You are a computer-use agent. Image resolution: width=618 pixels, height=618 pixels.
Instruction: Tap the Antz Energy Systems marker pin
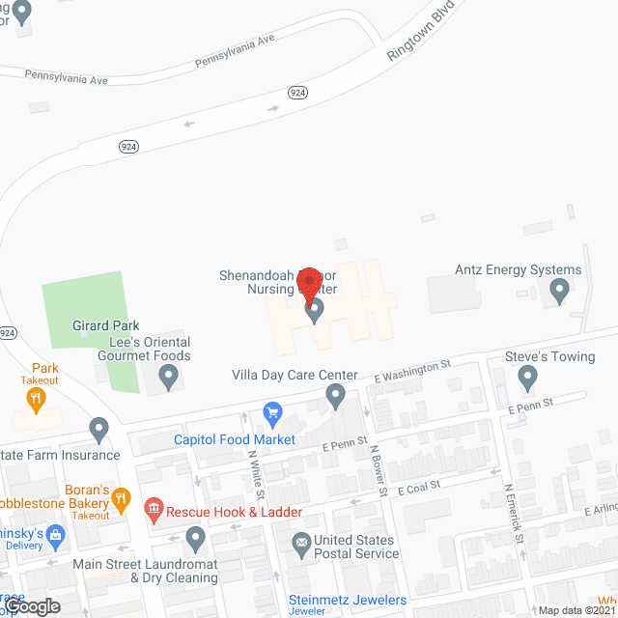coord(558,290)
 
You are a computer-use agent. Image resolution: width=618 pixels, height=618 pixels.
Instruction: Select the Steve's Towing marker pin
coord(527,378)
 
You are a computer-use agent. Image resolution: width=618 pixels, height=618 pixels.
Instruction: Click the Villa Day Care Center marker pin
coord(335,395)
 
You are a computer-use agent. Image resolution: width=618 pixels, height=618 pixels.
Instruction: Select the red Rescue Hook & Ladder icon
coord(153,508)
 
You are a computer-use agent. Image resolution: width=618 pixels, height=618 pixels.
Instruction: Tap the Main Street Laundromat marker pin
coord(196,537)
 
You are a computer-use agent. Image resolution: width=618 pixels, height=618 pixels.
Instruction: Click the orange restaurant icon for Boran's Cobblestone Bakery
coord(121,499)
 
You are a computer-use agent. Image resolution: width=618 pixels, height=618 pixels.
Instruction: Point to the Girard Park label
coord(107,326)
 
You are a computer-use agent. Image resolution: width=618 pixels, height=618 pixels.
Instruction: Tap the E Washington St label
coord(412,371)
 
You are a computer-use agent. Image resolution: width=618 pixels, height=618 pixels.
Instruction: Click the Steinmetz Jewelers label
coord(348,600)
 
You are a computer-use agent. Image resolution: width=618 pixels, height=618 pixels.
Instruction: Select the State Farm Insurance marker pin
coord(98,428)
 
